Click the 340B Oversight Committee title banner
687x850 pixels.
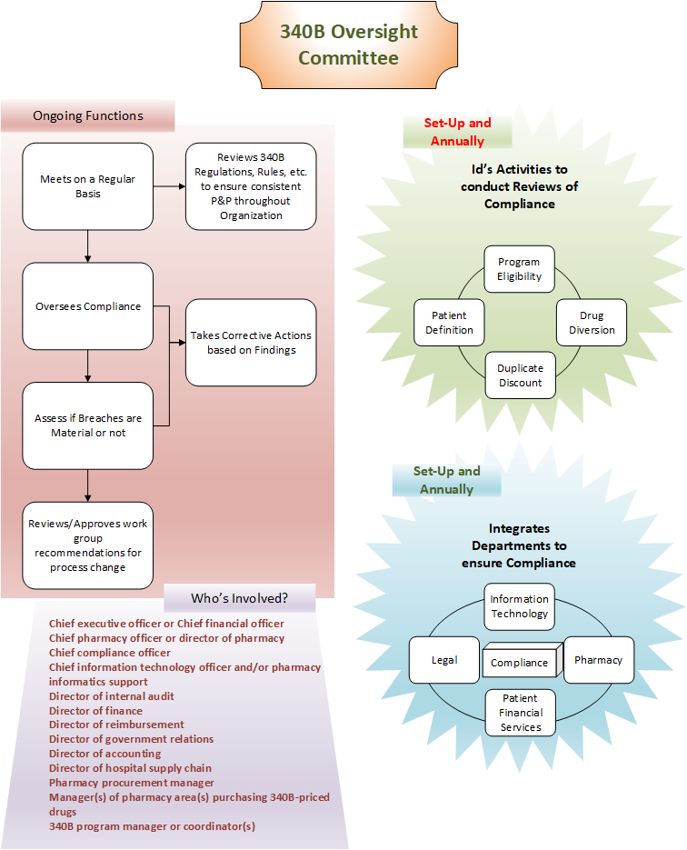coord(348,45)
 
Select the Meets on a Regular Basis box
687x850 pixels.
coord(88,186)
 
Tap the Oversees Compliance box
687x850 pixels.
coord(88,306)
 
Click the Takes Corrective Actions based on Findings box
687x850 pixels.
coord(251,343)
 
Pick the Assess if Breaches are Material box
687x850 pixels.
coord(88,425)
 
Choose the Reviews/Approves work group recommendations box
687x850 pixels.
coord(88,545)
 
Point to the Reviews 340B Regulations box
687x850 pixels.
coord(251,186)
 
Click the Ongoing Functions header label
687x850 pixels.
coord(88,115)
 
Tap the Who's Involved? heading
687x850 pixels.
coord(240,598)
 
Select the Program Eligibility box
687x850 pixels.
coord(519,269)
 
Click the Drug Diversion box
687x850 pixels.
coord(592,323)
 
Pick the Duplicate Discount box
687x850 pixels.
coord(520,375)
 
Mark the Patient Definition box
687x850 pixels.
coord(449,323)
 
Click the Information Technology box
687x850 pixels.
coord(519,606)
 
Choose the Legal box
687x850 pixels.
coord(444,660)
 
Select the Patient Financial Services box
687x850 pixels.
coord(520,713)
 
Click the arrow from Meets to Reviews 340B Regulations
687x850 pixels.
coord(170,186)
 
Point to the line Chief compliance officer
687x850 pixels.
coord(109,653)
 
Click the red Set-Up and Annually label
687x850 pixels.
coord(457,132)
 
